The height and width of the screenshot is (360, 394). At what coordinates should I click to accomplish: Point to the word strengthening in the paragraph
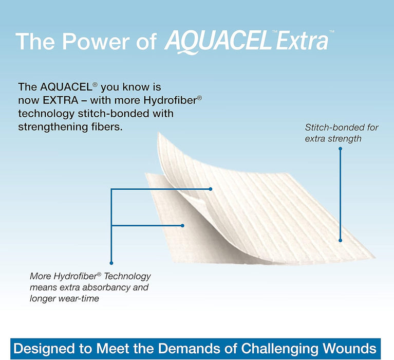[47, 126]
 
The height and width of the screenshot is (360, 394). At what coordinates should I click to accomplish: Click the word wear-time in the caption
[79, 298]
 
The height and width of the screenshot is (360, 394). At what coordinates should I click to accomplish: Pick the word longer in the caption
[43, 298]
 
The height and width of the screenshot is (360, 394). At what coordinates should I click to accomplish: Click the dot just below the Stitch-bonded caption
[340, 149]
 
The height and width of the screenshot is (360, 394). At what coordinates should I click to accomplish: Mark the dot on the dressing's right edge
[340, 239]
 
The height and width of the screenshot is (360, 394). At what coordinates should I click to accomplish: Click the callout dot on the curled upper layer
[210, 189]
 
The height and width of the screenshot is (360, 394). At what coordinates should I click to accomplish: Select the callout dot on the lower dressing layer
[183, 225]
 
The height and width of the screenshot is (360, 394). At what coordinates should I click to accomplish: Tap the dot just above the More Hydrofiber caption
[111, 263]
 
